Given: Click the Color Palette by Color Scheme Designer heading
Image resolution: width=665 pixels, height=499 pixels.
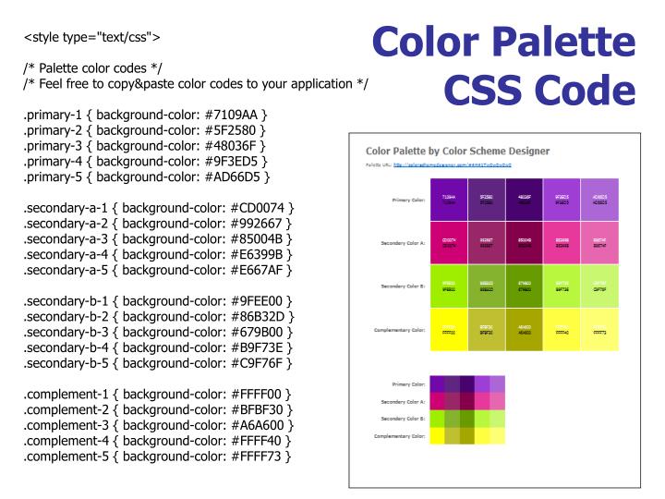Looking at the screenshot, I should pyautogui.click(x=457, y=151).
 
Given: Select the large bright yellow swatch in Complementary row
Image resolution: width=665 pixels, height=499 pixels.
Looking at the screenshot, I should pyautogui.click(x=448, y=330).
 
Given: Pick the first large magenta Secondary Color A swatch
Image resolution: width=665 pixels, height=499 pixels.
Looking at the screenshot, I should pyautogui.click(x=448, y=242).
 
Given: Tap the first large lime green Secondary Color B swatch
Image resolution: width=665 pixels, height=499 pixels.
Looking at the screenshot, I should pyautogui.click(x=448, y=286).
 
